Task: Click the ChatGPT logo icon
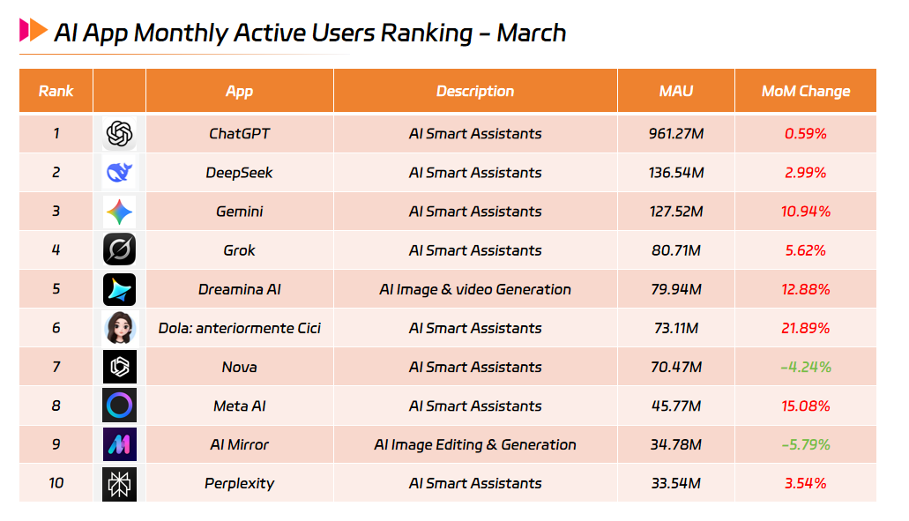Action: [x=119, y=134]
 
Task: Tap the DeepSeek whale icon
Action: [x=119, y=173]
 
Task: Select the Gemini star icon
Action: [x=119, y=212]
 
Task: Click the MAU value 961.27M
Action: [x=676, y=134]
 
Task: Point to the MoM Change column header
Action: [x=805, y=91]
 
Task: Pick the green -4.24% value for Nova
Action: [x=805, y=367]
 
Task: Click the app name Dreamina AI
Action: [x=239, y=289]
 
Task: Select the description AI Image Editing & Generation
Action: [x=474, y=444]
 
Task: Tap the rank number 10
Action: [x=56, y=483]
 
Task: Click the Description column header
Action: [x=474, y=91]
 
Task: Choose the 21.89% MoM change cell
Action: [x=805, y=328]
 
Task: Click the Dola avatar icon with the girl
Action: [x=119, y=328]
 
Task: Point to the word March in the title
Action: [x=531, y=33]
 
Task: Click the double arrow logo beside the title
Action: [x=34, y=30]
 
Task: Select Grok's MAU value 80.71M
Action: [x=676, y=250]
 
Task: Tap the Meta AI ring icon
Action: [x=119, y=406]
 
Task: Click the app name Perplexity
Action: [x=239, y=483]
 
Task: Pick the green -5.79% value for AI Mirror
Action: [x=805, y=444]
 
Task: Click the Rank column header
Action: [x=56, y=91]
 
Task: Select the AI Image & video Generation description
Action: [x=474, y=289]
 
